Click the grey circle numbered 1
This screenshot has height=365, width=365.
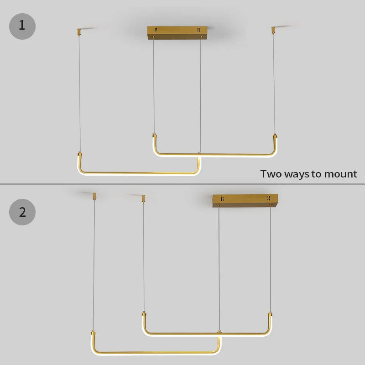pyautogui.click(x=22, y=26)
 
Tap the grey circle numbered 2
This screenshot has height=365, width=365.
pyautogui.click(x=22, y=212)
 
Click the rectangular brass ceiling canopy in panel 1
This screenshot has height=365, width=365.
pyautogui.click(x=177, y=32)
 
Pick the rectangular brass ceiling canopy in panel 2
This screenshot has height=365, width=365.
pyautogui.click(x=245, y=200)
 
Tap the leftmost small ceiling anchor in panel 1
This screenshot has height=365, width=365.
pyautogui.click(x=79, y=32)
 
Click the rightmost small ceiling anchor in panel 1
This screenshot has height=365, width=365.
pyautogui.click(x=273, y=30)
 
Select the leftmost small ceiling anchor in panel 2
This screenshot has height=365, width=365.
pyautogui.click(x=94, y=196)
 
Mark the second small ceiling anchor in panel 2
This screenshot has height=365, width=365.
pyautogui.click(x=143, y=198)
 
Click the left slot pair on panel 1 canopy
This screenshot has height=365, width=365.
pyautogui.click(x=156, y=30)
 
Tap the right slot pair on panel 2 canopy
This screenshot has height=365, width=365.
pyautogui.click(x=269, y=198)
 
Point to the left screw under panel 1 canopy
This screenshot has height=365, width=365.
pyautogui.click(x=153, y=36)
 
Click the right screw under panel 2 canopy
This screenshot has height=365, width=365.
pyautogui.click(x=271, y=205)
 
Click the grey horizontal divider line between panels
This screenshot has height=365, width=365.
pyautogui.click(x=182, y=184)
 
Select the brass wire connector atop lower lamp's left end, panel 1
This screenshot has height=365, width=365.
pyautogui.click(x=80, y=154)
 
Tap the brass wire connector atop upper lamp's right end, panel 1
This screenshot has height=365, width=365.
pyautogui.click(x=275, y=136)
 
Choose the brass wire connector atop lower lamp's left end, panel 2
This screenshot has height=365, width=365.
pyautogui.click(x=93, y=333)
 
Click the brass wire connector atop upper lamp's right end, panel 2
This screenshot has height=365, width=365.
pyautogui.click(x=270, y=314)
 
